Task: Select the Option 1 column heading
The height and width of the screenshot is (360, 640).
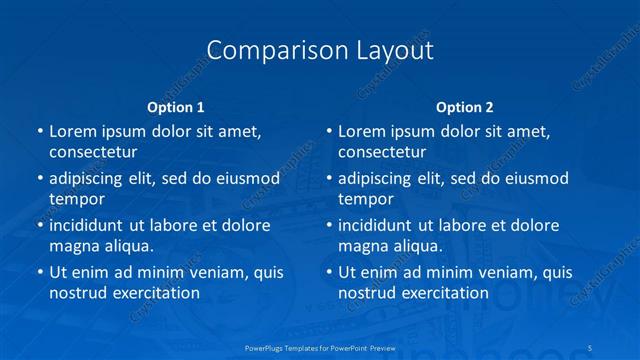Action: tap(176, 107)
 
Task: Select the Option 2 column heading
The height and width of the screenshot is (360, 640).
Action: tap(465, 107)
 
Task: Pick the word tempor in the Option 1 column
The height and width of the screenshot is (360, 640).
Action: tap(77, 199)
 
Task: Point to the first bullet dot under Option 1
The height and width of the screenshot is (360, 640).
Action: tap(39, 131)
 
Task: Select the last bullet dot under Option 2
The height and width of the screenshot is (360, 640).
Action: tap(328, 272)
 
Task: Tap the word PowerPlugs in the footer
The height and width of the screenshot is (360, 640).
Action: tap(268, 346)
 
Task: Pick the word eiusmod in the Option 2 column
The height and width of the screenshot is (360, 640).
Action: tap(535, 178)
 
